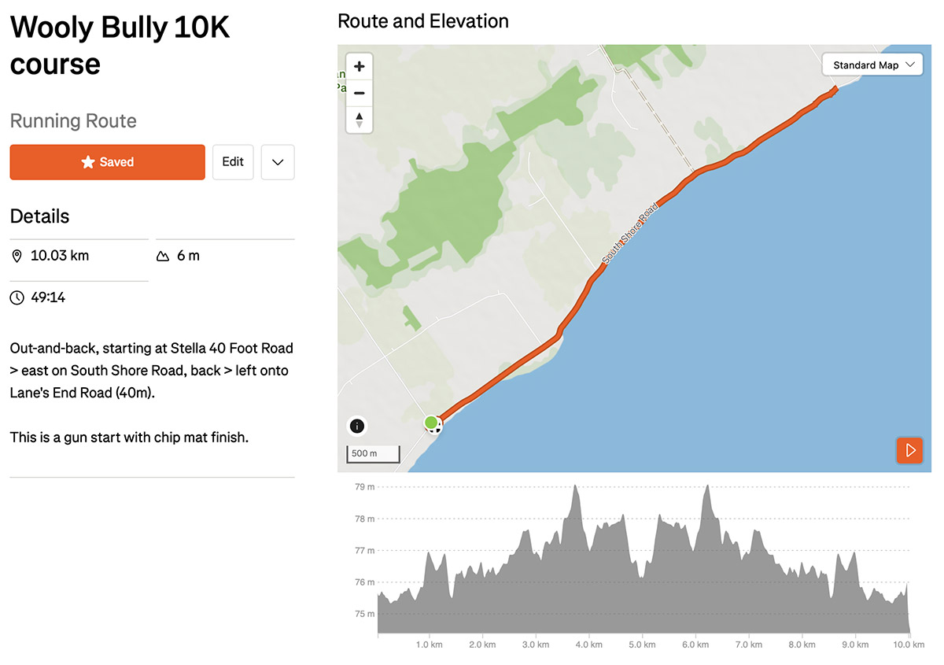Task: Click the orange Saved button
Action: (108, 162)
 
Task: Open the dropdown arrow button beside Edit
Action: (278, 162)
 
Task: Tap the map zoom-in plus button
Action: (359, 66)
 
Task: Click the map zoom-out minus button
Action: (359, 93)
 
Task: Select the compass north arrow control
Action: (359, 120)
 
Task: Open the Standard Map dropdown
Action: (872, 65)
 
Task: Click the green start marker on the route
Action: (431, 422)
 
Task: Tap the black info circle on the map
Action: (357, 426)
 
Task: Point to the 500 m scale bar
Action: (373, 454)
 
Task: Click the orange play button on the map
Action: (909, 450)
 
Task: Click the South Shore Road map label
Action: (629, 234)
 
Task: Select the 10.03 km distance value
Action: (60, 256)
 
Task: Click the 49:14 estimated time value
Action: (48, 297)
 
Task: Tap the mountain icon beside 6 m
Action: (163, 256)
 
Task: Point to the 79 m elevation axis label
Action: (364, 486)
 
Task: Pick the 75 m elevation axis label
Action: (364, 614)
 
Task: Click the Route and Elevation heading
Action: (423, 21)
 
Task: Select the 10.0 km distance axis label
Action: (909, 645)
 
